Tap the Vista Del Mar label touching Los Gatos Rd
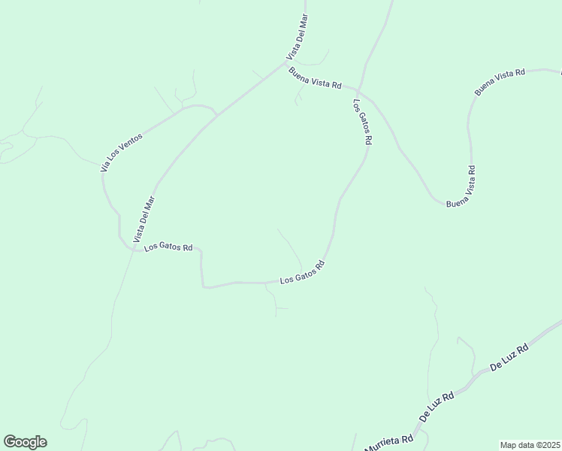click(x=144, y=219)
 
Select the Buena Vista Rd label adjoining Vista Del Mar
click(x=316, y=78)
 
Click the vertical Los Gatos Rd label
click(x=361, y=122)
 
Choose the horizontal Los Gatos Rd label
click(x=168, y=247)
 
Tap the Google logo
click(x=25, y=442)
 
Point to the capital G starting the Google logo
click(x=10, y=441)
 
